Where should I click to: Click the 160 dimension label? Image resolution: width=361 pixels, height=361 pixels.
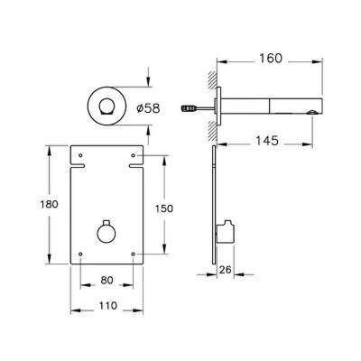(x=270, y=58)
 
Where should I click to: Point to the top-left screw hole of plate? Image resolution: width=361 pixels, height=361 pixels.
(x=82, y=154)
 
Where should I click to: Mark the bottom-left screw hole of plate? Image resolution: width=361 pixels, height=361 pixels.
(x=82, y=255)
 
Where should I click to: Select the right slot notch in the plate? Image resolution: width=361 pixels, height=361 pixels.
(x=138, y=167)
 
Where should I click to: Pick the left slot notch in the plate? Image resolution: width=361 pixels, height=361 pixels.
(x=78, y=167)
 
